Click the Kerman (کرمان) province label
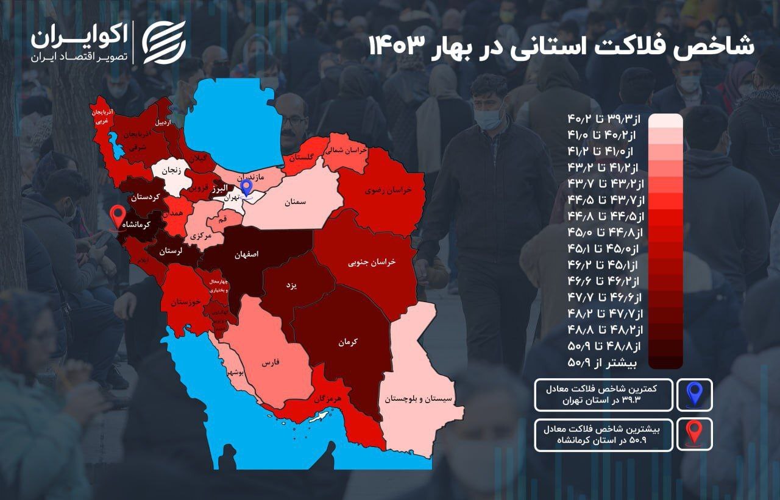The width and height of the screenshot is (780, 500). pyautogui.click(x=348, y=342)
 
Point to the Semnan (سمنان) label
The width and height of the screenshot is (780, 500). pyautogui.click(x=295, y=202)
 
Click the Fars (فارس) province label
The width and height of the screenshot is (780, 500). pyautogui.click(x=270, y=362)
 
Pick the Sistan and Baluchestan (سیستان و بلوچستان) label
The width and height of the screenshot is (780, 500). pyautogui.click(x=419, y=400)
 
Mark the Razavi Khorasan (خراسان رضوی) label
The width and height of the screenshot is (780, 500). pyautogui.click(x=388, y=189)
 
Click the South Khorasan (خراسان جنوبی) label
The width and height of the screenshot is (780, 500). pyautogui.click(x=372, y=262)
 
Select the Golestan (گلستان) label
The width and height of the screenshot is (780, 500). pyautogui.click(x=302, y=157)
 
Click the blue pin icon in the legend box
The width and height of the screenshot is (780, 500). pyautogui.click(x=694, y=395)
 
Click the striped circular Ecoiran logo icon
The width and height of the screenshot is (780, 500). pyautogui.click(x=164, y=41)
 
